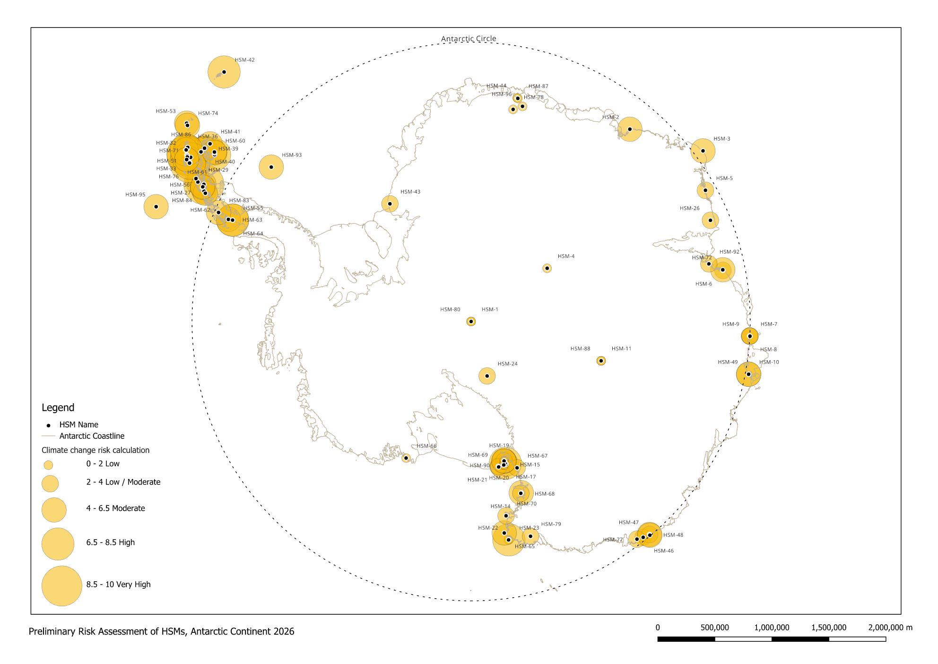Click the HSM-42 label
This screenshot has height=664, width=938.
(244, 60)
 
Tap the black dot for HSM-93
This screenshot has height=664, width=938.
(271, 167)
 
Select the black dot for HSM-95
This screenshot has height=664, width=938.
(156, 207)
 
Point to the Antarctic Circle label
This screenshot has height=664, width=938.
(469, 39)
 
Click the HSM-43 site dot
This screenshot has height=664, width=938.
(390, 204)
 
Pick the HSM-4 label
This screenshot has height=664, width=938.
(566, 257)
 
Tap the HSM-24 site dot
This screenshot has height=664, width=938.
(487, 376)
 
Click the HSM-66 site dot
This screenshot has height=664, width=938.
(406, 458)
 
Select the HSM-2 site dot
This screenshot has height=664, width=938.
(630, 129)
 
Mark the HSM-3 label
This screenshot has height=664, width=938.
(721, 139)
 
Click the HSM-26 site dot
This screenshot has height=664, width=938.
(710, 220)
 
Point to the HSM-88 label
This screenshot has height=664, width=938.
(580, 349)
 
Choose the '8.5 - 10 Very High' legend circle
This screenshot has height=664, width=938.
(61, 586)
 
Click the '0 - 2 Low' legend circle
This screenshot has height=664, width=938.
(48, 464)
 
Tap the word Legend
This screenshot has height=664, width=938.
(58, 407)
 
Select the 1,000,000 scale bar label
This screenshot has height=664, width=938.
(772, 628)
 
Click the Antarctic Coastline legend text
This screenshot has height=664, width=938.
(92, 436)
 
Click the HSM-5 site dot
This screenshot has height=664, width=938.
(705, 190)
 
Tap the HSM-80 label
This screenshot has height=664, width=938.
(450, 310)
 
